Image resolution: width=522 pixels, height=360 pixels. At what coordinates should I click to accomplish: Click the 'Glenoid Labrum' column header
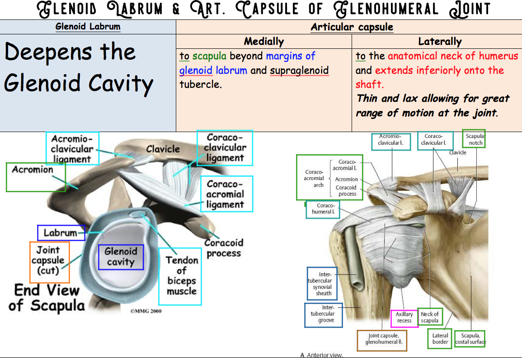88,26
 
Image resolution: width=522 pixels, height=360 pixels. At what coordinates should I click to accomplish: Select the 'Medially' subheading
263,42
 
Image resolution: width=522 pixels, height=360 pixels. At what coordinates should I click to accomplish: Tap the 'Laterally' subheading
439,42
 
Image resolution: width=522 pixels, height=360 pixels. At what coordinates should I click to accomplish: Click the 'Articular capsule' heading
352,27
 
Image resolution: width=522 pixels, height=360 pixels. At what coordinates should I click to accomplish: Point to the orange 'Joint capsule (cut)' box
49,262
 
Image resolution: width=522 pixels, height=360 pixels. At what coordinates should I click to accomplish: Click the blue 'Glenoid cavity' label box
121,257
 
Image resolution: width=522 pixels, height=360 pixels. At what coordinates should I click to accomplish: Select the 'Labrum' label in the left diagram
61,233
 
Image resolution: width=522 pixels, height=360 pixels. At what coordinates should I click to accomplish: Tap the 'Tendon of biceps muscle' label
180,276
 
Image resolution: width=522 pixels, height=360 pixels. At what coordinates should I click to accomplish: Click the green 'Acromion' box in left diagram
35,176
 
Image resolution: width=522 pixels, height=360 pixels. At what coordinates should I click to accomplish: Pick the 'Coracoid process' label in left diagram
223,248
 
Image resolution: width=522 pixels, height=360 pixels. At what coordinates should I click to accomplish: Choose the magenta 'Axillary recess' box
404,318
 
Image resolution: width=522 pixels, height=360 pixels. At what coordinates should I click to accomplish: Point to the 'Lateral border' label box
440,338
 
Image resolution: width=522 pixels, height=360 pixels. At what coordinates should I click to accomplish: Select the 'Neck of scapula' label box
429,317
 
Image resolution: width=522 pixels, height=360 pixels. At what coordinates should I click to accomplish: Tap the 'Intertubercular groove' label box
324,314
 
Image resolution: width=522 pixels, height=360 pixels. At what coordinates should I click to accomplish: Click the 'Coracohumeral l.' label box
323,208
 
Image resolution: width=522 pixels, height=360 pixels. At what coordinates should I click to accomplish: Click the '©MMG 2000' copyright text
146,311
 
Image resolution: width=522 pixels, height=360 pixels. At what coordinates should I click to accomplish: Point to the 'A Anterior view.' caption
322,355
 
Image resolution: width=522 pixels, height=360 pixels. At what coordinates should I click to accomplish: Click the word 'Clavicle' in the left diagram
163,149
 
